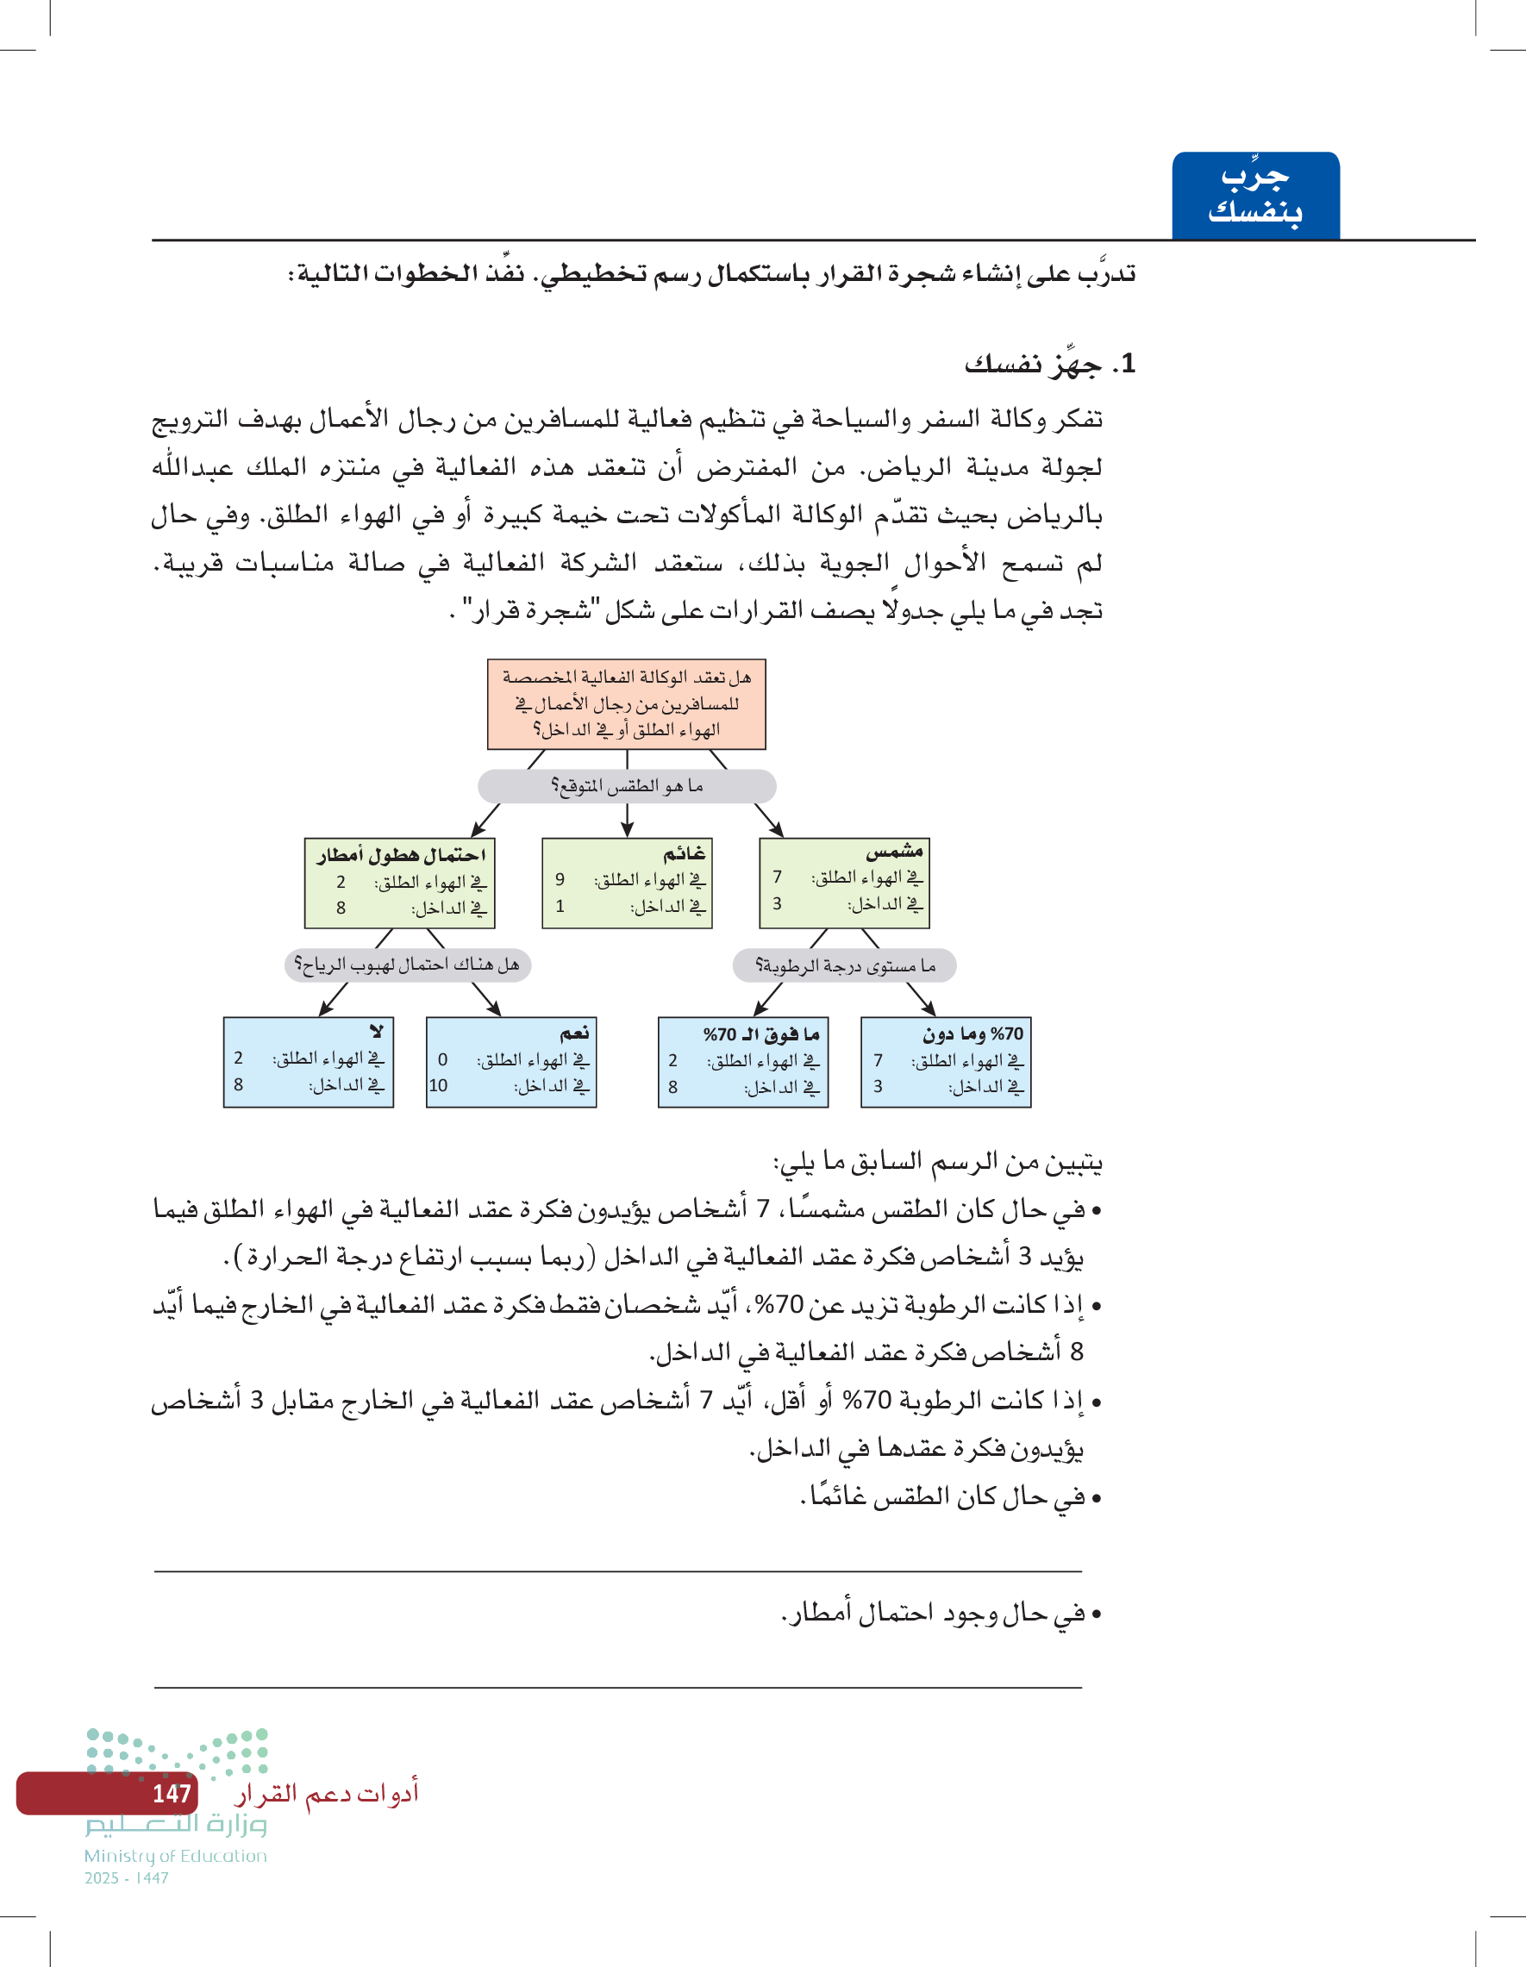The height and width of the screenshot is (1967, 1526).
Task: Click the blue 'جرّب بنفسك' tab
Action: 1254,195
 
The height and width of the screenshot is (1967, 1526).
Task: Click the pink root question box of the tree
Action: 626,703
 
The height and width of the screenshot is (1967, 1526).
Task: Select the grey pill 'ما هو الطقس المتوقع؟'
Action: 626,786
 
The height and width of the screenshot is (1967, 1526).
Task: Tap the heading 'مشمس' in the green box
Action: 894,851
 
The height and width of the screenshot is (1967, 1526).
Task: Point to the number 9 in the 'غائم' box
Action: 560,879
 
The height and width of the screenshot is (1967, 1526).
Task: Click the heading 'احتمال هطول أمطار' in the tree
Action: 401,855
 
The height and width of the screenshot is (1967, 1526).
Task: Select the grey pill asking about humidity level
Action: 844,965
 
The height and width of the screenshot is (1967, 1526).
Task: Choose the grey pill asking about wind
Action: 407,965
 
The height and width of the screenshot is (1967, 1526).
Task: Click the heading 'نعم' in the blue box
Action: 574,1032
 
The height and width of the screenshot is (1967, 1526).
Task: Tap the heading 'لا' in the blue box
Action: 377,1031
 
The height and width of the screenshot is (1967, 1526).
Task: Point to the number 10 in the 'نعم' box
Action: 438,1085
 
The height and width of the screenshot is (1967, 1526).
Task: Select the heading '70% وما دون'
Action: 972,1034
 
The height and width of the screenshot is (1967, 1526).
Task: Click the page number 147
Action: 172,1793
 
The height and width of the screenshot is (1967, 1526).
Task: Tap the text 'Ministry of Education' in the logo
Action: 176,1855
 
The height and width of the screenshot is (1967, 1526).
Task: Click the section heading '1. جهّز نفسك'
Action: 1049,364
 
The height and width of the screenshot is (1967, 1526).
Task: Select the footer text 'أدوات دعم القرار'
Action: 326,1793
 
